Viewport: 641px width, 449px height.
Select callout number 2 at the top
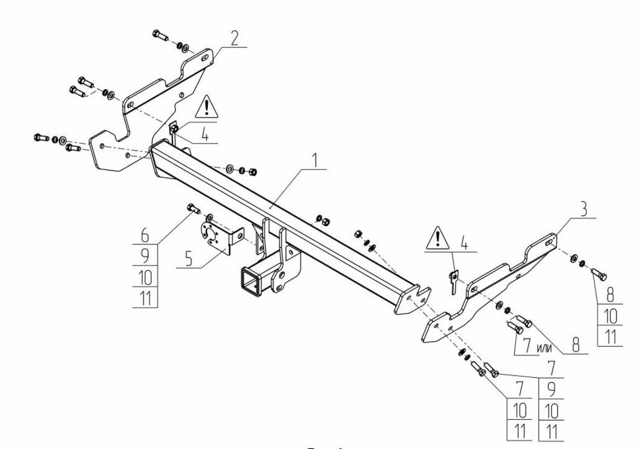(x=234, y=38)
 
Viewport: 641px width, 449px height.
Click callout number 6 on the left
(x=145, y=235)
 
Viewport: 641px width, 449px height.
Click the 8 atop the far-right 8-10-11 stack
(x=610, y=295)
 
